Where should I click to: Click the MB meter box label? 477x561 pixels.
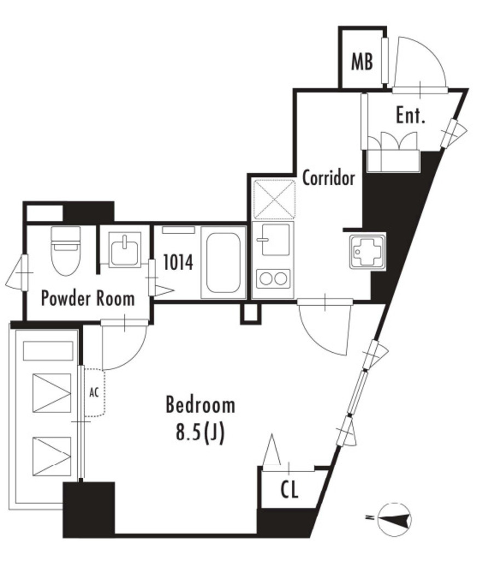362,61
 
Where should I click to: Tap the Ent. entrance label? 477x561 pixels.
411,115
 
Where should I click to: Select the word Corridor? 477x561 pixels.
329,178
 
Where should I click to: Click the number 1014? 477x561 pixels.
178,262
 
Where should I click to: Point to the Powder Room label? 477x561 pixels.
88,298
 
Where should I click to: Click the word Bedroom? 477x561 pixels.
200,405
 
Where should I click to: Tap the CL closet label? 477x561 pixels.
289,490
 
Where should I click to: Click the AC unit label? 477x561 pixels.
94,392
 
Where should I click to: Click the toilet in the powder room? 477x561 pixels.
65,251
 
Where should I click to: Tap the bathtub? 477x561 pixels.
221,262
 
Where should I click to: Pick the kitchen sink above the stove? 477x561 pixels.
274,239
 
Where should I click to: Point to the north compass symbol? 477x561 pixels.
394,517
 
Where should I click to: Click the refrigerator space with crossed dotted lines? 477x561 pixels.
274,199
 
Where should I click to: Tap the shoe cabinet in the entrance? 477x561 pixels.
393,161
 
